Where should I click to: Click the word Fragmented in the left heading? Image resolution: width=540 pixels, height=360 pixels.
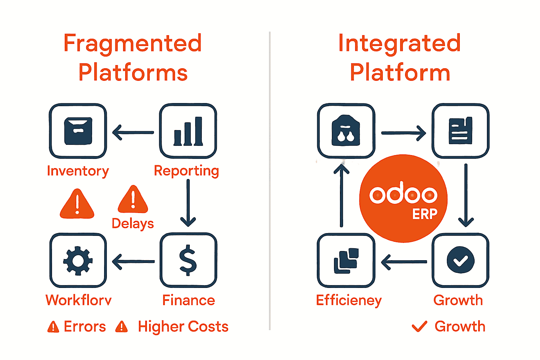point(133,44)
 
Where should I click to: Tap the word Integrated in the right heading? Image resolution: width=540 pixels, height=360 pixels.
point(399,44)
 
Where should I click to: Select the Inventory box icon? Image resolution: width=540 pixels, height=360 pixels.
point(78,131)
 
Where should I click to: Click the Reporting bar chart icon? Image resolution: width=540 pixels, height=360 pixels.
point(188,131)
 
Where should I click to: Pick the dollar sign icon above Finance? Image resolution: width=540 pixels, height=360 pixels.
point(188,260)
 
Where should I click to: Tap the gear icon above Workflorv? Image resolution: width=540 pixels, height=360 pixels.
point(78,261)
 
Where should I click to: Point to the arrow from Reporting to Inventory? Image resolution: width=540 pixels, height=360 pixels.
point(133,133)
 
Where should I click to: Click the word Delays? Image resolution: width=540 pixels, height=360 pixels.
point(133,224)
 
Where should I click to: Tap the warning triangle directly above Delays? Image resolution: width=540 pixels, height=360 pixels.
point(133,200)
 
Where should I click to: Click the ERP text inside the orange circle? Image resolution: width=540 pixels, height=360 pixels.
point(425,214)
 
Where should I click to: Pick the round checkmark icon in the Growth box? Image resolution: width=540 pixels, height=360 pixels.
point(461,260)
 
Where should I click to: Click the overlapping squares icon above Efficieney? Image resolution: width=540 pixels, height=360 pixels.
point(346,261)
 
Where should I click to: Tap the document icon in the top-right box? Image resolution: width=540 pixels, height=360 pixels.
point(461,131)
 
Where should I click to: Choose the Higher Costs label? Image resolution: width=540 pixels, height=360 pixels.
point(183,327)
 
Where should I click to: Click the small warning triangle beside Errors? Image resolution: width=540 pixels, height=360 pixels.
point(53,327)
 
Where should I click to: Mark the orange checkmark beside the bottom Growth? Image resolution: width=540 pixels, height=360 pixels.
point(419,327)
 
